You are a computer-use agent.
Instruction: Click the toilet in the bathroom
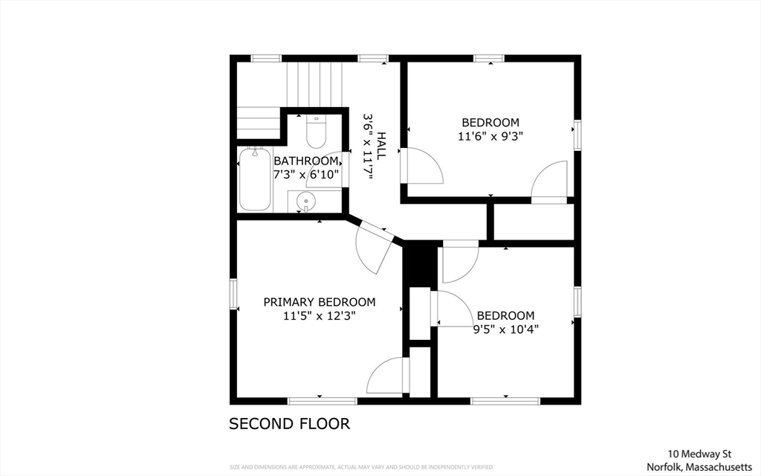316,132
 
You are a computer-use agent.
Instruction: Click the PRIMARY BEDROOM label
320,302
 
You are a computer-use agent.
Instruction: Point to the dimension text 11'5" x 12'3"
320,316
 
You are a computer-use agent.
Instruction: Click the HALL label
381,146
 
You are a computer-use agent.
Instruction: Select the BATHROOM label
305,161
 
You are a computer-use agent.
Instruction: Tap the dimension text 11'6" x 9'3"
490,137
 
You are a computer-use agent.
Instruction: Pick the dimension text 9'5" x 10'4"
505,329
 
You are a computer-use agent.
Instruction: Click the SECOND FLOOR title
289,424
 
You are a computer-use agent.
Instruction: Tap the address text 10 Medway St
700,454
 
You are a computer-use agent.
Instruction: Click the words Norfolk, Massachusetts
699,467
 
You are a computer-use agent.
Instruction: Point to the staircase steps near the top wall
314,85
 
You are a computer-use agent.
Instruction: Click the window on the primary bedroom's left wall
233,294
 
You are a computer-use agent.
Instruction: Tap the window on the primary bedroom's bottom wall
323,401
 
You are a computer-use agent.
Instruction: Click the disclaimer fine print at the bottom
362,467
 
